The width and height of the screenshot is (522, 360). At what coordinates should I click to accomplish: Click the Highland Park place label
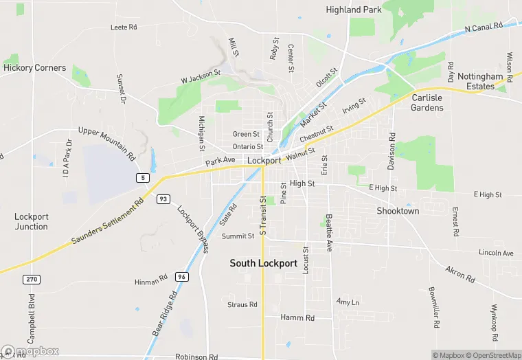pos(353,10)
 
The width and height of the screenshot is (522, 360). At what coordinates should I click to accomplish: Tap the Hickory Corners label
pos(35,68)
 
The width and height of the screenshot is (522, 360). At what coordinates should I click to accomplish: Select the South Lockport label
pos(264,263)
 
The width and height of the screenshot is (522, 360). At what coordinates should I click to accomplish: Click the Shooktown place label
pos(398,211)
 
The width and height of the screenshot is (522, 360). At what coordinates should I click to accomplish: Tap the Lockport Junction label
pos(32,221)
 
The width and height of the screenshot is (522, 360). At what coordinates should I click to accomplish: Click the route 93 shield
pos(163,199)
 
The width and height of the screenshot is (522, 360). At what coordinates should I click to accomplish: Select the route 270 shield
pos(30,279)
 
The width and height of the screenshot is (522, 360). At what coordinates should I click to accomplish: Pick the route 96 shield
pos(181,276)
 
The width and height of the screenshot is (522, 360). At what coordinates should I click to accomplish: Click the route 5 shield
pos(142,178)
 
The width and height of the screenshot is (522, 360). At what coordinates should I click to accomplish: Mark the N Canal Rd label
pos(484,27)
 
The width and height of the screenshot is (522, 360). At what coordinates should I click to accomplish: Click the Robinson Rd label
pos(196,357)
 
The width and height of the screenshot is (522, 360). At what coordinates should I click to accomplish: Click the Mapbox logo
pos(30,352)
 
